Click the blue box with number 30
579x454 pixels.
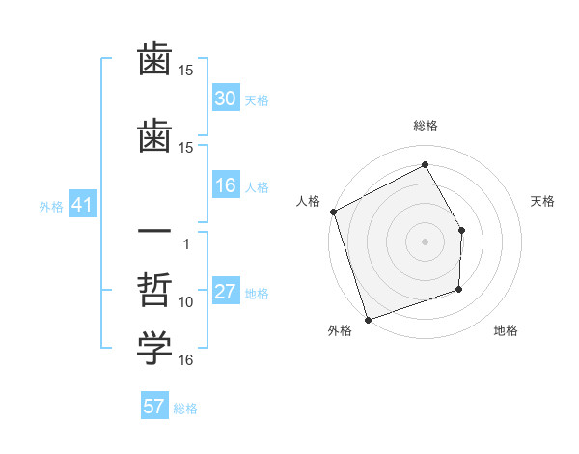pyautogui.click(x=226, y=99)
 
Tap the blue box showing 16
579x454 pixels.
pyautogui.click(x=226, y=185)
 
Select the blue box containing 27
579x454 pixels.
pyautogui.click(x=226, y=292)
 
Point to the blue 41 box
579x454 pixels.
pyautogui.click(x=81, y=205)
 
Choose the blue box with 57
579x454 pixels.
pyautogui.click(x=153, y=407)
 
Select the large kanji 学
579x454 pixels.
pyautogui.click(x=154, y=349)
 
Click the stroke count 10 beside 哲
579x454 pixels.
pyautogui.click(x=186, y=302)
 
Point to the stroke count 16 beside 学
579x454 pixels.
pyautogui.click(x=186, y=360)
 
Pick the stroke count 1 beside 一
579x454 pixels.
pyautogui.click(x=186, y=243)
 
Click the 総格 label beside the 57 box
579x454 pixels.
pyautogui.click(x=185, y=409)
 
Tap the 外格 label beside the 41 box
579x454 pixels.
pyautogui.click(x=51, y=206)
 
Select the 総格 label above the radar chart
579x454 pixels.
pyautogui.click(x=425, y=126)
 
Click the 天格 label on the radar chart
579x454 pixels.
pyautogui.click(x=543, y=201)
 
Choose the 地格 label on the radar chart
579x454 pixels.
pyautogui.click(x=506, y=330)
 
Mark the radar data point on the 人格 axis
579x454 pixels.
pyautogui.click(x=333, y=212)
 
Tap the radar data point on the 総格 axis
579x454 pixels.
pyautogui.click(x=425, y=164)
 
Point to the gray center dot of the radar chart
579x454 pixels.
pyautogui.click(x=425, y=241)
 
